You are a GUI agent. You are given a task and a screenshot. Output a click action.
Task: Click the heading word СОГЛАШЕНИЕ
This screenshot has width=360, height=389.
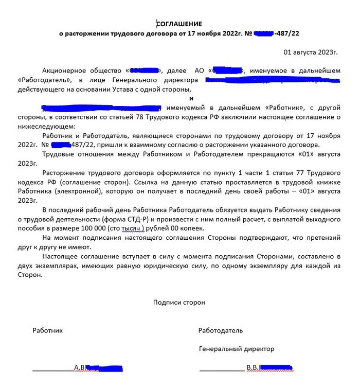click(x=179, y=24)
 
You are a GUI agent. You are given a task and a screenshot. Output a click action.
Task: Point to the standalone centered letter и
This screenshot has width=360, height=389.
click(x=191, y=99)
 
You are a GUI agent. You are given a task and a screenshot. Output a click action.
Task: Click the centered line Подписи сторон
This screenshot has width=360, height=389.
click(x=179, y=303)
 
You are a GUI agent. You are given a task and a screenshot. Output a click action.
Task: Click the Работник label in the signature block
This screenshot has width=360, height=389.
click(x=48, y=330)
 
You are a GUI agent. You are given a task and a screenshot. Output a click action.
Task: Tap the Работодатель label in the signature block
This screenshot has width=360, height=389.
click(x=221, y=330)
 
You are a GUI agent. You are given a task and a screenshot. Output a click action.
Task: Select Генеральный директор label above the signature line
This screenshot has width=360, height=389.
click(x=237, y=349)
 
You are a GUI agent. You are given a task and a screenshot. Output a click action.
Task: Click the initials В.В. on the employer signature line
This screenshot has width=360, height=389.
click(x=253, y=367)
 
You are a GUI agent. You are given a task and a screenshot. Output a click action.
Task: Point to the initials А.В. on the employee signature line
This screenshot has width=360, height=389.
click(x=80, y=367)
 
